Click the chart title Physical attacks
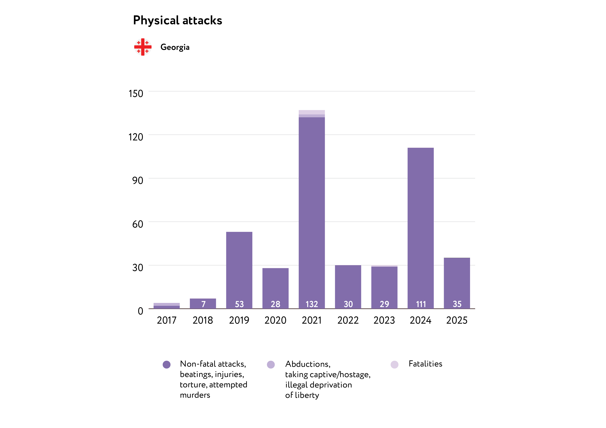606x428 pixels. (x=177, y=20)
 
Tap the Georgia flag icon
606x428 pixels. (x=143, y=47)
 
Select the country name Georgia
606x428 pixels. (x=175, y=47)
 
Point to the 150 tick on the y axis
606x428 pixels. (x=136, y=94)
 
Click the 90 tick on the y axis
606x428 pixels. (x=138, y=180)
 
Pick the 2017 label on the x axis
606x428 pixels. (x=167, y=320)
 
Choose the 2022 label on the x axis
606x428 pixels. (x=348, y=320)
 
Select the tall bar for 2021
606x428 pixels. (x=312, y=211)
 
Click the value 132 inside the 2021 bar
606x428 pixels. (x=312, y=304)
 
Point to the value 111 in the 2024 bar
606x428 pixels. (x=421, y=304)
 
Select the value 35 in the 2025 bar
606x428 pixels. (x=457, y=304)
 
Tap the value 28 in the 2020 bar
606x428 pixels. (x=276, y=304)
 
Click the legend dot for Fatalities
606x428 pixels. (x=394, y=365)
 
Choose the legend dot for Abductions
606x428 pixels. (x=271, y=365)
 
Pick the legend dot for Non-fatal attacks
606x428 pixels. (x=167, y=365)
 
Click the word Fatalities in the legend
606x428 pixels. (x=425, y=364)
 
